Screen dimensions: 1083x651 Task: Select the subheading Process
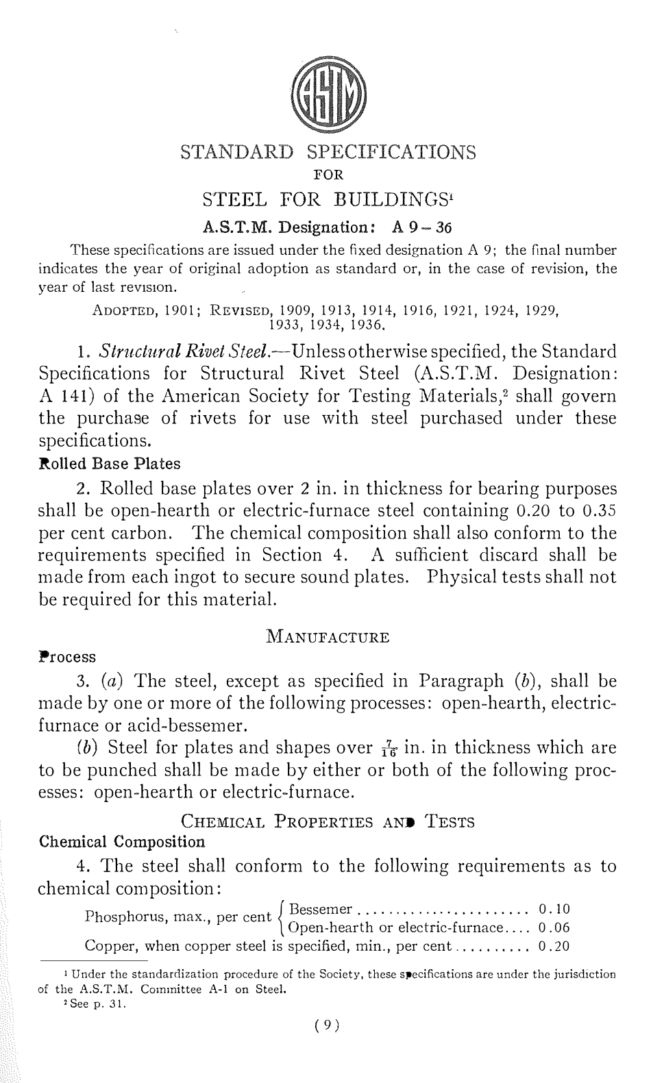click(66, 657)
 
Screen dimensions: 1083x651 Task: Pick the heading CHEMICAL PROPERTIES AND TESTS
click(327, 821)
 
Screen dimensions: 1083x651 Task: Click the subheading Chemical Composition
click(121, 841)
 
